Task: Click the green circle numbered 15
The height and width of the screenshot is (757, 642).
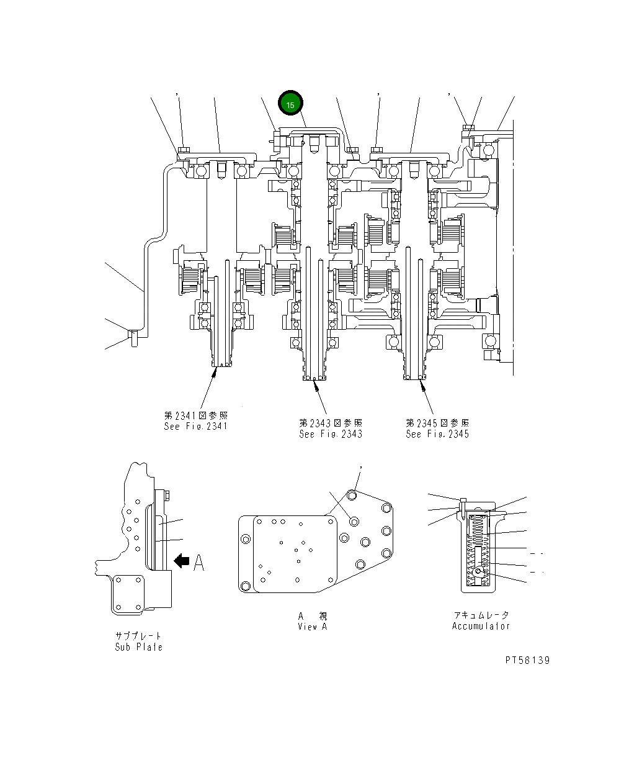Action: coord(290,104)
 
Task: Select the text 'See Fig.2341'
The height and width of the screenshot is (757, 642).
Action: coord(196,427)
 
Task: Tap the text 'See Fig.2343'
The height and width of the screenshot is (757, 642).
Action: coord(331,434)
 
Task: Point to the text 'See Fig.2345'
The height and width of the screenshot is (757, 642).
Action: coord(437,434)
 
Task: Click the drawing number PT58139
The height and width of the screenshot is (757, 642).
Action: coord(527,660)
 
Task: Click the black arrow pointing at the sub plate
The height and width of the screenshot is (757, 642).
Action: coord(182,561)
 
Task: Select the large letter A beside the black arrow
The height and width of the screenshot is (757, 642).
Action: coord(198,562)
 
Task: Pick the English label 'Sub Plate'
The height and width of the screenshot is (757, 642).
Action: coord(138,647)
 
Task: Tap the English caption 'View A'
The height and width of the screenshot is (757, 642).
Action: coord(312,627)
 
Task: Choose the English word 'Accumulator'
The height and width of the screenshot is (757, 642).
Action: coord(481,626)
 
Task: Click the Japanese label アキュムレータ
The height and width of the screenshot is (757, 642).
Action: coord(481,615)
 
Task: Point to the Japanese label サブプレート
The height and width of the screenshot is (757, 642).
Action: coord(138,637)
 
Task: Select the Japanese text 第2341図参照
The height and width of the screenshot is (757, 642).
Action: coord(196,415)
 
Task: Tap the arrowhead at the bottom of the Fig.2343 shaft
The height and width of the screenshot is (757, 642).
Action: coord(316,386)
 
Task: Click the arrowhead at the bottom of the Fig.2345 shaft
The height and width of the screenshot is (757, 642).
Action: coord(422,386)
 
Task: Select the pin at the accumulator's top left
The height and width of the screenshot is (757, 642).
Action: coord(463,505)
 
